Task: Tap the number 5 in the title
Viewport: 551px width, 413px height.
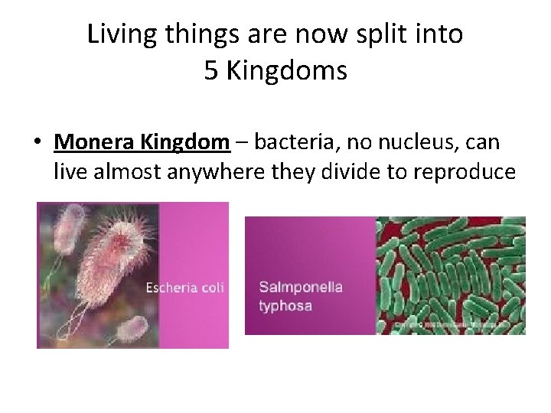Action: point(211,71)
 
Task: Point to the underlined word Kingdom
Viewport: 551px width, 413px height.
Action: point(190,141)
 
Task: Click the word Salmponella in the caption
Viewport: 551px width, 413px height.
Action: point(300,288)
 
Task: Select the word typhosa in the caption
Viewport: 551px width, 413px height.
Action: point(285,306)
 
